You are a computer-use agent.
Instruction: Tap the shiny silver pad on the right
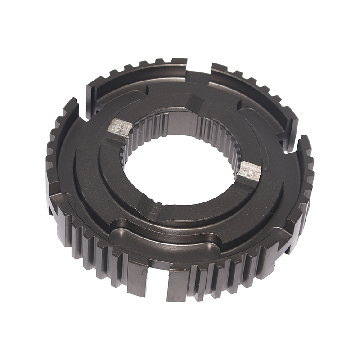pos(249,171)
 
